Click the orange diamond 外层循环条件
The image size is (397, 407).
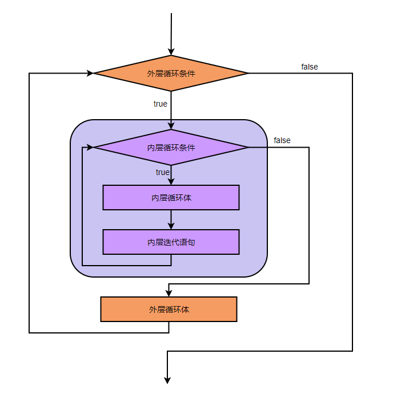[171, 74]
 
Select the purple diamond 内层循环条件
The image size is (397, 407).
[171, 148]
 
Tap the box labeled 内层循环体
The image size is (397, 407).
[171, 198]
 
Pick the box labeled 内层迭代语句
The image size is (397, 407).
[171, 242]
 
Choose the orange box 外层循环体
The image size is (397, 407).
[169, 310]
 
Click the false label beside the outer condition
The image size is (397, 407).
[310, 67]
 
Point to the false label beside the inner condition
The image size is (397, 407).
[282, 140]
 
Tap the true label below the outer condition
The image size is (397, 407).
[161, 104]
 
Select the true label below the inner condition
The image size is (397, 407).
[163, 172]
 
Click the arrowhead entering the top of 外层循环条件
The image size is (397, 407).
[171, 52]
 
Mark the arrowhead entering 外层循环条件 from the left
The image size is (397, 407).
[90, 74]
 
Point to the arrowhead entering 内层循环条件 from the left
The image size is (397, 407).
[90, 148]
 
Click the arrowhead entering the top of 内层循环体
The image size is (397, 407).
[171, 182]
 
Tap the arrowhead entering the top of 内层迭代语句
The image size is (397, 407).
[171, 226]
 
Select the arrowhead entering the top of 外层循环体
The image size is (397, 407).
[169, 293]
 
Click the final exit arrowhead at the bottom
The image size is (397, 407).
[167, 380]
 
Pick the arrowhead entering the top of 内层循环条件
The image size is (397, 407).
[171, 127]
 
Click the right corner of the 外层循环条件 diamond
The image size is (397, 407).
[248, 74]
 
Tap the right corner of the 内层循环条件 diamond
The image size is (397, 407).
[248, 148]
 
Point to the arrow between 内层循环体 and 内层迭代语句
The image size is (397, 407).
[171, 219]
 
